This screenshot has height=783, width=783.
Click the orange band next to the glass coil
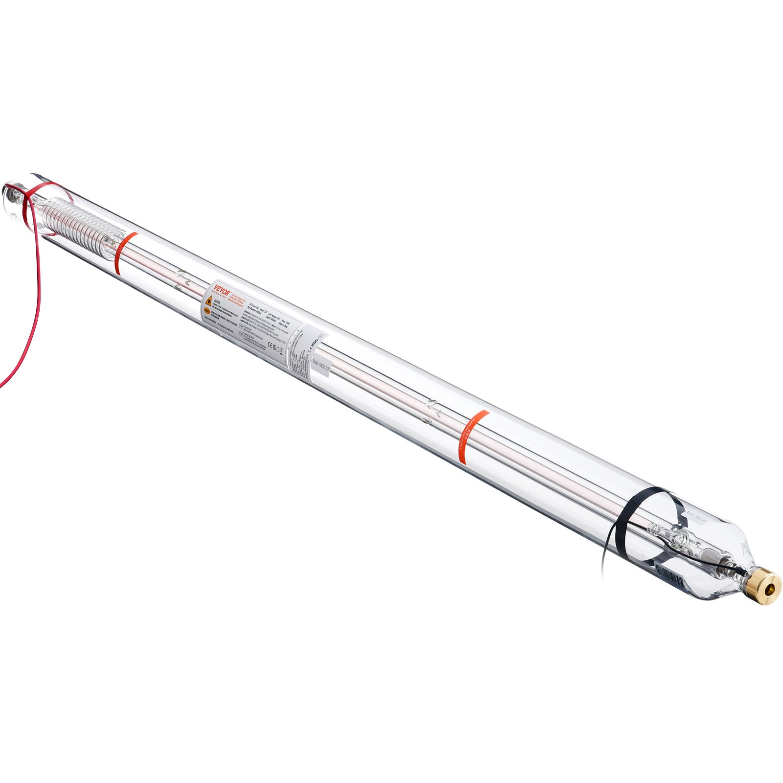tap(124, 253)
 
